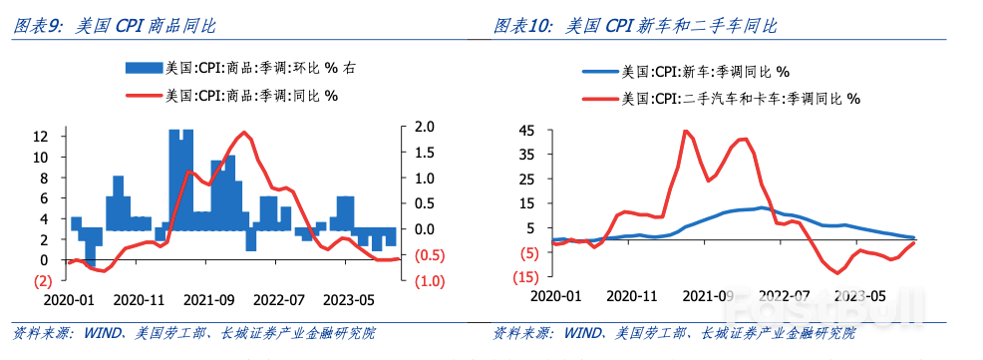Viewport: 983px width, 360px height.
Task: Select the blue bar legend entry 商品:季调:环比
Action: point(239,68)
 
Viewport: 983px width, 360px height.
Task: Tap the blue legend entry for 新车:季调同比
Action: point(688,72)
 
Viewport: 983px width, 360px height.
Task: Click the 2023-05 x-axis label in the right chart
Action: point(860,296)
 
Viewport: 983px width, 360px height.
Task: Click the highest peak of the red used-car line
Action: point(685,131)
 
